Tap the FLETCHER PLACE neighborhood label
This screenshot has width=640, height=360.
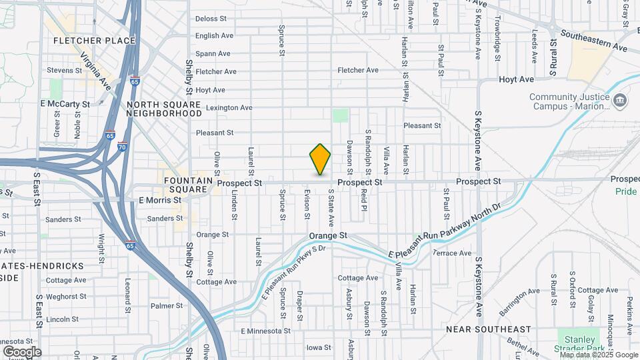click(x=94, y=41)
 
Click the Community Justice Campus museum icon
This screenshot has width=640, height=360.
click(x=621, y=101)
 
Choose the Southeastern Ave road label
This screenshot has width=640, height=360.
click(x=594, y=41)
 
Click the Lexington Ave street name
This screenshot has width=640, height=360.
click(x=229, y=107)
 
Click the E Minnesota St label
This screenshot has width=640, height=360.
click(x=266, y=331)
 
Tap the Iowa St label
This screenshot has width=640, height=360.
click(x=319, y=347)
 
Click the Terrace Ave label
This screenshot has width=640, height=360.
click(x=453, y=253)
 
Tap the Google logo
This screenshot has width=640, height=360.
click(x=22, y=351)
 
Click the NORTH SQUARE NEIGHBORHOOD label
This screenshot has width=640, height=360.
click(x=164, y=109)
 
